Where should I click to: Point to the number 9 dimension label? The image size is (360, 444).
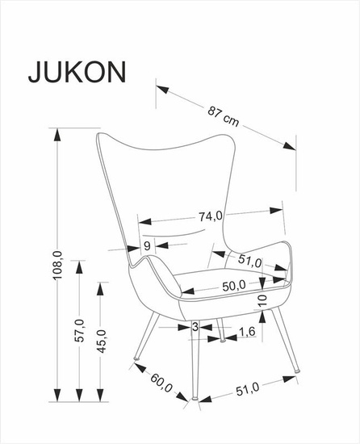point(147,246)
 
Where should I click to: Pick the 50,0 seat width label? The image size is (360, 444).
point(234,286)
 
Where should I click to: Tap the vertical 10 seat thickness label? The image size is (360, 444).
point(262,300)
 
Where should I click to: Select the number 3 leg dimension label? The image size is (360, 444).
point(195,326)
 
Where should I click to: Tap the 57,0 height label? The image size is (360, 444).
point(79,325)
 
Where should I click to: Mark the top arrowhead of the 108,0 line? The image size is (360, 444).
point(57,136)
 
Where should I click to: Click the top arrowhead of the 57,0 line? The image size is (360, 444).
point(79,262)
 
